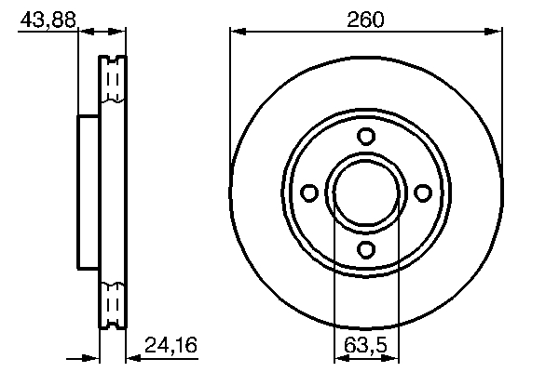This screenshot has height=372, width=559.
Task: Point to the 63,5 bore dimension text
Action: (x=365, y=346)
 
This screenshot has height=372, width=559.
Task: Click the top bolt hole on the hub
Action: (x=366, y=136)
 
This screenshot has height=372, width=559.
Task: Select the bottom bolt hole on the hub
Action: (x=366, y=248)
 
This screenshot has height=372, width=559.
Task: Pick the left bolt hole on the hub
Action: (x=310, y=193)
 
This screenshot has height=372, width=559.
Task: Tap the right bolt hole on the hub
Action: (x=422, y=193)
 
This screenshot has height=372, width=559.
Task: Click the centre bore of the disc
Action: (x=366, y=193)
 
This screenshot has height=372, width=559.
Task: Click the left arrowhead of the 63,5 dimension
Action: (x=340, y=359)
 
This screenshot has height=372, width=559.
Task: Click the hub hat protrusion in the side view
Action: (x=88, y=193)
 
